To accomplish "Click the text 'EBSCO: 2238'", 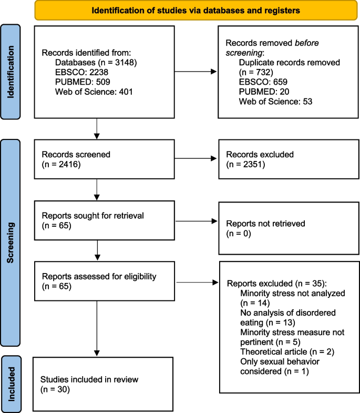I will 71,82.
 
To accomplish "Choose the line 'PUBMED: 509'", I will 71,91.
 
